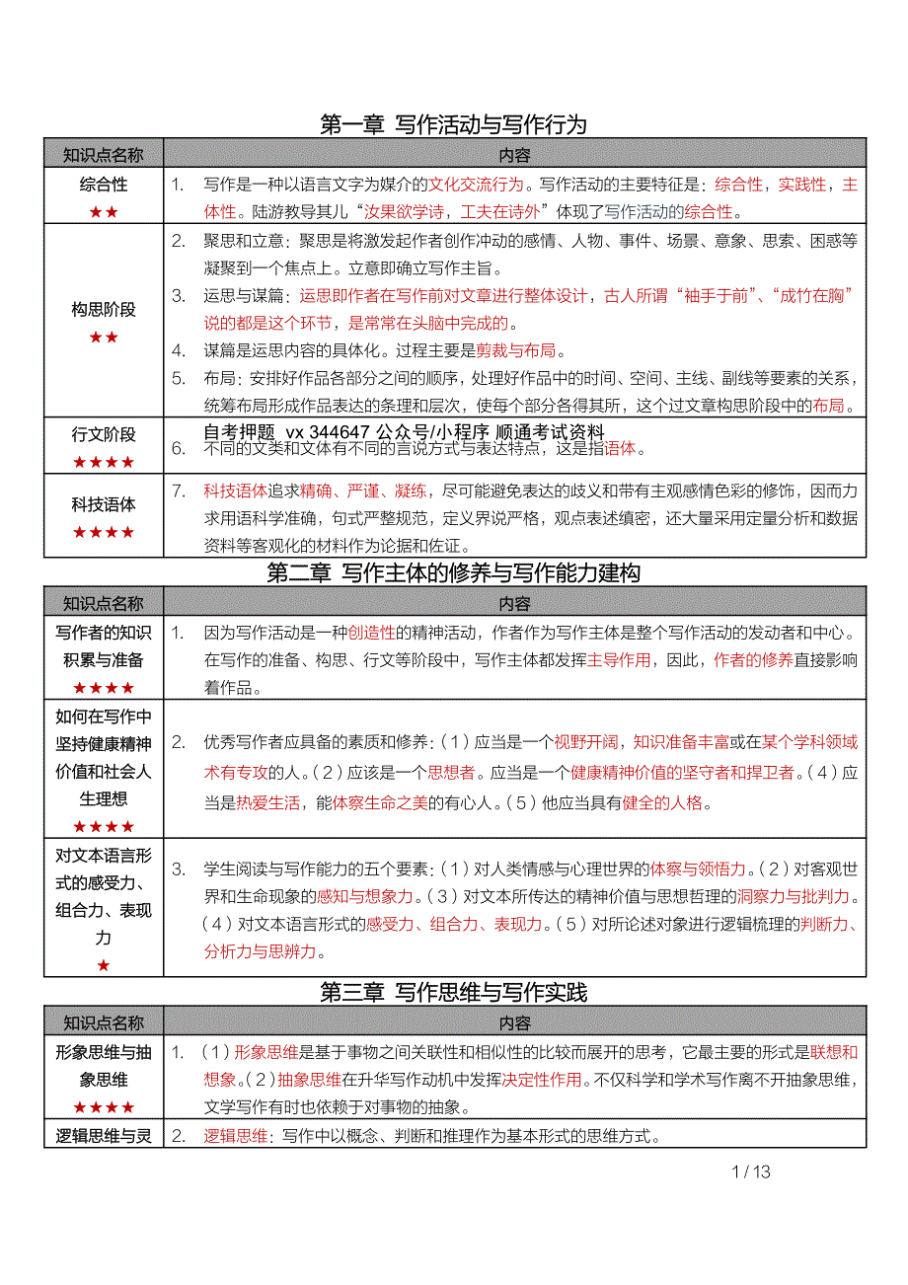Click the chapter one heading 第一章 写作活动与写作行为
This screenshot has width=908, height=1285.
coord(454,124)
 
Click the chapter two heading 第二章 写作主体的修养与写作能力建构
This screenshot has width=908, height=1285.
coord(454,572)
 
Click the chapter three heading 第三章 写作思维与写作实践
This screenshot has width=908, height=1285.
coord(454,993)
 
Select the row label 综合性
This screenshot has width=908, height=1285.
coord(104,185)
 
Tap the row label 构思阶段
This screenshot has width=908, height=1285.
coord(104,310)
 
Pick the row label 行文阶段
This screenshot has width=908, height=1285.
coord(104,434)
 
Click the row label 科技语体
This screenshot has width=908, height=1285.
coord(104,504)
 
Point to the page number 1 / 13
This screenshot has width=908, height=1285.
coord(751,1172)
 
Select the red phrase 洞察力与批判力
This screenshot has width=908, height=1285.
coord(794,897)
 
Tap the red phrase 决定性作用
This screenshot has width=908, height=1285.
coord(542,1079)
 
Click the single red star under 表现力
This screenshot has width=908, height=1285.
coord(104,965)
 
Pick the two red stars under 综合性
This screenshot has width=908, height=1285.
coord(104,212)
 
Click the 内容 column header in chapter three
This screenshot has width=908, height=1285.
coord(514,1022)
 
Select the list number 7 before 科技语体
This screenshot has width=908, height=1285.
coord(179,490)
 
